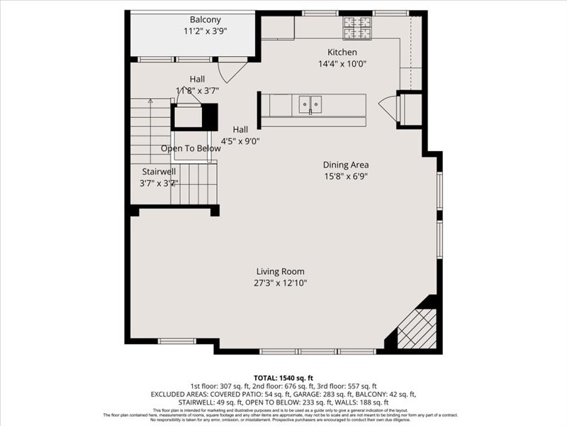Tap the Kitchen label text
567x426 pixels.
342,53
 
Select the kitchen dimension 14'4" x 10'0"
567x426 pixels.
342,64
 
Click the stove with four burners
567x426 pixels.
357,28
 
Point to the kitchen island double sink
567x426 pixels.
310,104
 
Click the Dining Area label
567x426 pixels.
346,165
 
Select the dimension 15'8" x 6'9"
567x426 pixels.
346,176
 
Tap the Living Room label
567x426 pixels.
281,271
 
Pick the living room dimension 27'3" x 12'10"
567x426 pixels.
281,283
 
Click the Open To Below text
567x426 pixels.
191,148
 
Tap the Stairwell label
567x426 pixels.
159,171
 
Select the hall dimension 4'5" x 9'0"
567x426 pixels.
240,141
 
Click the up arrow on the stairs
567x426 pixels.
150,103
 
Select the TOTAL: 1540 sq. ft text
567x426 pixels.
283,378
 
